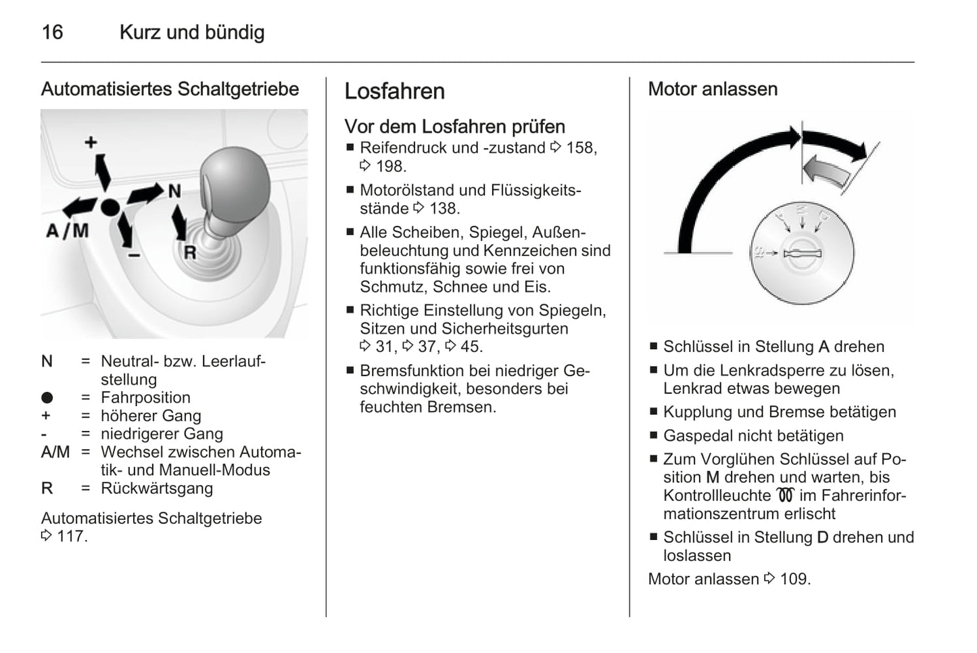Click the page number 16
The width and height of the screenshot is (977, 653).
point(52,32)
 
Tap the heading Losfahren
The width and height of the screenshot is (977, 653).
point(394,91)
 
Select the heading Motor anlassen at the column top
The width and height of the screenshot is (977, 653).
point(712,89)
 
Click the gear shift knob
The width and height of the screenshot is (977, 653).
point(235,182)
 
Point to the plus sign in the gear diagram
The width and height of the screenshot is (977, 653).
point(91,142)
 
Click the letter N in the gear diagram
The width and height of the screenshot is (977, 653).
point(174,192)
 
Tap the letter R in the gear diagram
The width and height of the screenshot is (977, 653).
point(190,252)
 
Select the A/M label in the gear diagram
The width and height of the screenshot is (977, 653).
point(67,231)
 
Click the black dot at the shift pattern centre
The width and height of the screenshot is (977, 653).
point(110,207)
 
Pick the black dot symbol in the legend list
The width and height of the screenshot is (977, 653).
point(47,398)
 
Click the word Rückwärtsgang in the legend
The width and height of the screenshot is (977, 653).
point(156,489)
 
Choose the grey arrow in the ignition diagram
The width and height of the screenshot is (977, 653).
point(827,170)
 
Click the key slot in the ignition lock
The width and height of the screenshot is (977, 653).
point(802,254)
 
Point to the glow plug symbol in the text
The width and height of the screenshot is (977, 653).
point(785,495)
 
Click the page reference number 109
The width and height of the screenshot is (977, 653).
point(794,579)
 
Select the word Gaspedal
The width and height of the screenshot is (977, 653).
point(694,436)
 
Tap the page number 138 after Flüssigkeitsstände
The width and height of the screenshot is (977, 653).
point(444,209)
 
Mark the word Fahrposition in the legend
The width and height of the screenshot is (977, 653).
point(145,398)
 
